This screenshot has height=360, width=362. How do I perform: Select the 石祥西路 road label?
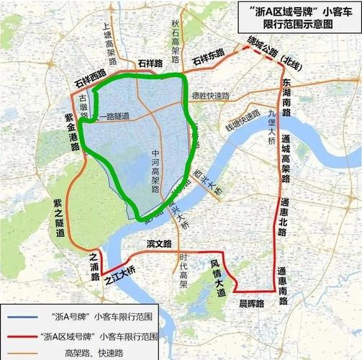90,78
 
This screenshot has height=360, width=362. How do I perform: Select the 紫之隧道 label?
60,219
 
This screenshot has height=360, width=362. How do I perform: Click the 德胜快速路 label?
209,96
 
